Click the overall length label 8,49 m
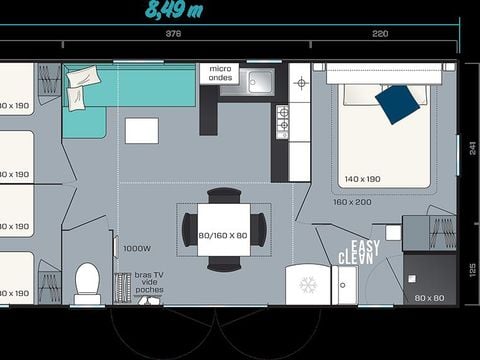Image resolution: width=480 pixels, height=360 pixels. [x=174, y=12]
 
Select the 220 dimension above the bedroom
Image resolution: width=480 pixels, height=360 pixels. [x=381, y=33]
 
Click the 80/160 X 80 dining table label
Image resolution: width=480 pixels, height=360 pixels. [x=224, y=236]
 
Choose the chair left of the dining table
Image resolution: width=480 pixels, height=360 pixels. [x=189, y=231]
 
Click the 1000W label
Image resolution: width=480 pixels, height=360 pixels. [x=136, y=249]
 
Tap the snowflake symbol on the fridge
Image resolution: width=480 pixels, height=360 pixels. [x=308, y=284]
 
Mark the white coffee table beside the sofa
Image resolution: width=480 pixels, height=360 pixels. [x=141, y=131]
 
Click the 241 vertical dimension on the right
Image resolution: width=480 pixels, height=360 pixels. [x=471, y=146]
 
